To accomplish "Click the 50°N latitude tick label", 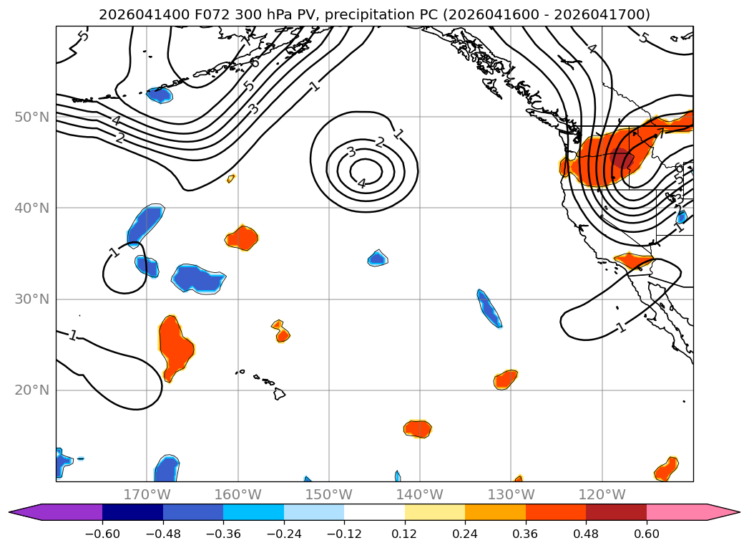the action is click(31, 117).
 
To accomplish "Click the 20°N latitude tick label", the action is click(31, 390).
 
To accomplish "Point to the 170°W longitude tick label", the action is click(147, 494).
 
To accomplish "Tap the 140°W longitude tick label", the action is click(420, 494).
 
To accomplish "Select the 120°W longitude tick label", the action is click(602, 494).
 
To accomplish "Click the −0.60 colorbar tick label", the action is click(102, 534).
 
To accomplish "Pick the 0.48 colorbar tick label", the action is click(586, 534).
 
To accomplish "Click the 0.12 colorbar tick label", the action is click(405, 534).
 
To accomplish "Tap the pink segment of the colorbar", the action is click(692, 512).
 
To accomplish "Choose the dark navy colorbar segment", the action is click(133, 512).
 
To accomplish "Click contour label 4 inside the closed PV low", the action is click(362, 183).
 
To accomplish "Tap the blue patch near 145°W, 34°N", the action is click(378, 258).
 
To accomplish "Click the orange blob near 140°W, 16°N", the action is click(418, 428).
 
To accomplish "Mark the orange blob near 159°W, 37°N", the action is click(243, 238).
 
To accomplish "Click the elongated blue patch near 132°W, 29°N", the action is click(489, 309).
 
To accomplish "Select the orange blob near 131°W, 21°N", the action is click(505, 380).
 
